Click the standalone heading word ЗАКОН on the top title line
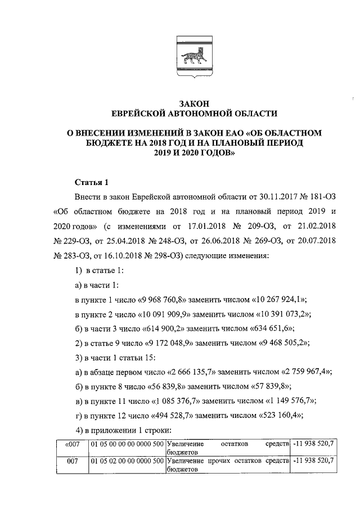[193, 103]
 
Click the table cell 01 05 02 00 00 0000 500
[127, 461]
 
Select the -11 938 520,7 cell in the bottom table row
[314, 461]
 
